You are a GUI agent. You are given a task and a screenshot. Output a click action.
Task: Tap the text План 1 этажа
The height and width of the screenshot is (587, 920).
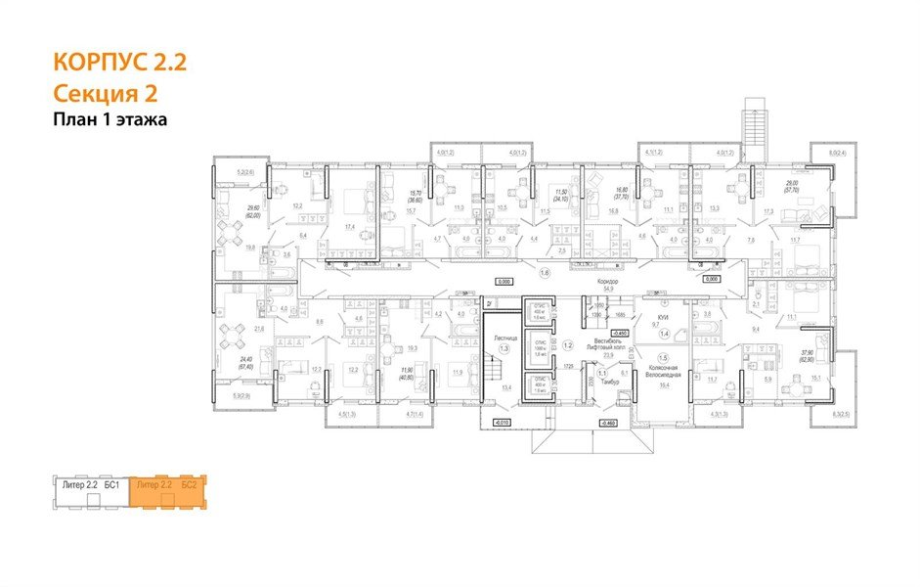click(110, 119)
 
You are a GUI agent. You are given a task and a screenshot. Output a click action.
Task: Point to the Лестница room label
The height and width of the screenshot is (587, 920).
click(504, 339)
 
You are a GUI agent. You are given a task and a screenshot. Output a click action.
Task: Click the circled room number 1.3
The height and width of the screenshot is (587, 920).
click(504, 348)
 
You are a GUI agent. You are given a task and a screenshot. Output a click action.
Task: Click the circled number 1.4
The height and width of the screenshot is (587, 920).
click(664, 335)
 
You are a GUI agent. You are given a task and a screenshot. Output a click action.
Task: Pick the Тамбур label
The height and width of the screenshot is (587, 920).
click(609, 381)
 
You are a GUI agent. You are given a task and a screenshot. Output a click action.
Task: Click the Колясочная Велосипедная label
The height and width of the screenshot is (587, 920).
click(664, 373)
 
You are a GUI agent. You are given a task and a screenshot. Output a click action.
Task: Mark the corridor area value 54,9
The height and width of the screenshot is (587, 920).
click(607, 289)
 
